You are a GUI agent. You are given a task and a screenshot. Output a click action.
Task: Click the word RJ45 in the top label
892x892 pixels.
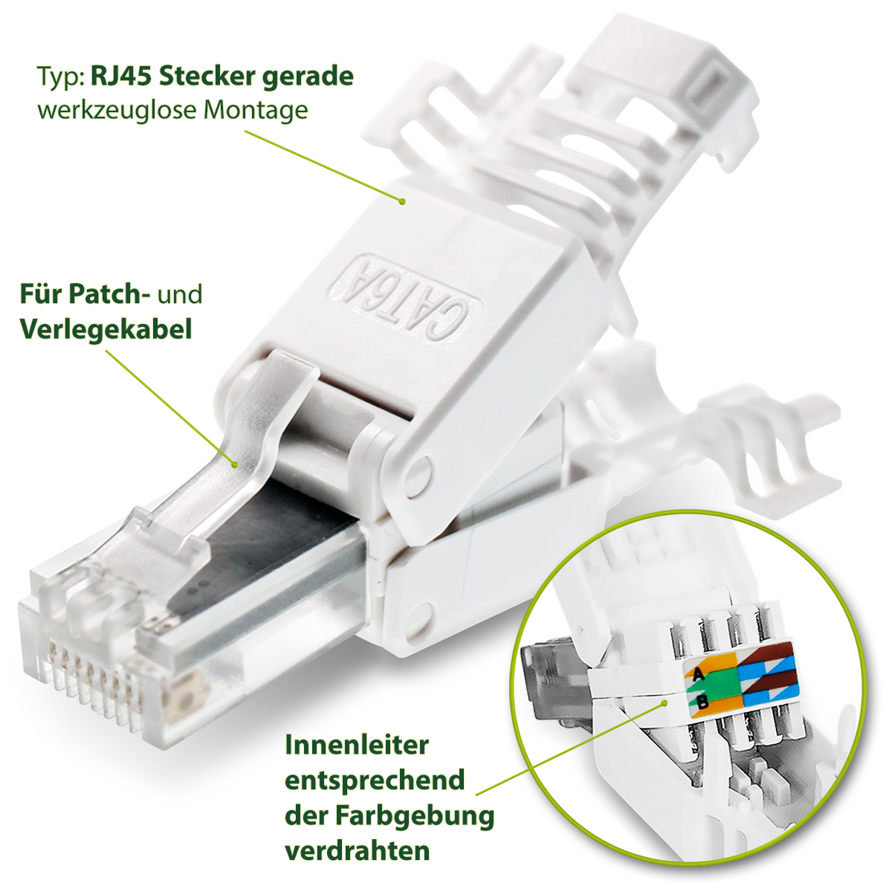click(121, 76)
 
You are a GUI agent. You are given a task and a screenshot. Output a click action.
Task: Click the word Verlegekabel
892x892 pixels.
click(106, 328)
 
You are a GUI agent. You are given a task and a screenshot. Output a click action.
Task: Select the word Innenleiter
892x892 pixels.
click(357, 745)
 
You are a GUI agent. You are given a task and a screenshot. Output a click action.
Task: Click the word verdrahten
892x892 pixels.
click(358, 850)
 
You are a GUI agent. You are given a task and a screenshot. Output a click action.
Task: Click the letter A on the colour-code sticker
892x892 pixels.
click(697, 675)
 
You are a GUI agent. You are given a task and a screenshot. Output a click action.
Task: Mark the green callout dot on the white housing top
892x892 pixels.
click(402, 201)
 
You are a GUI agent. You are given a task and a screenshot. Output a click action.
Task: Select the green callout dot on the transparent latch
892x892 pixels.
click(236, 465)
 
